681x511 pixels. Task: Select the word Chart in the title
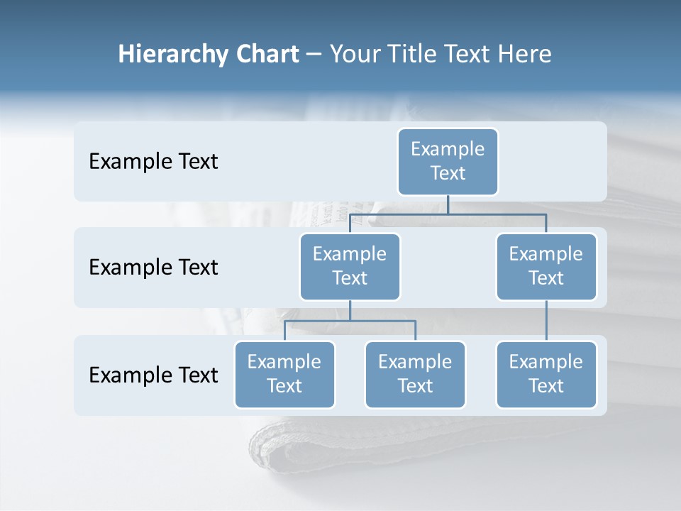[267, 54]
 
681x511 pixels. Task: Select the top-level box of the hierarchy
[448, 161]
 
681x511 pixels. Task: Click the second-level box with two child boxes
[350, 266]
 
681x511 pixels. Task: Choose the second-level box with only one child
[546, 266]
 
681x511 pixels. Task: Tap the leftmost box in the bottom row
[284, 374]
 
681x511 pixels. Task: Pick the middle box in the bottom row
[415, 374]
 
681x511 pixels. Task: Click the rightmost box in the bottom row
[546, 374]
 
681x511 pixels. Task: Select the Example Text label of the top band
[153, 161]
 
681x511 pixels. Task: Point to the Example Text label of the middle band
[153, 267]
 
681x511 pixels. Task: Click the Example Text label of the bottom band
[153, 375]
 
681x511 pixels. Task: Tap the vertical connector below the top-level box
[448, 204]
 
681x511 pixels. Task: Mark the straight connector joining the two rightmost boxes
[546, 321]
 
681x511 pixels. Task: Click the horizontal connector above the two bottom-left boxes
[350, 321]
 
